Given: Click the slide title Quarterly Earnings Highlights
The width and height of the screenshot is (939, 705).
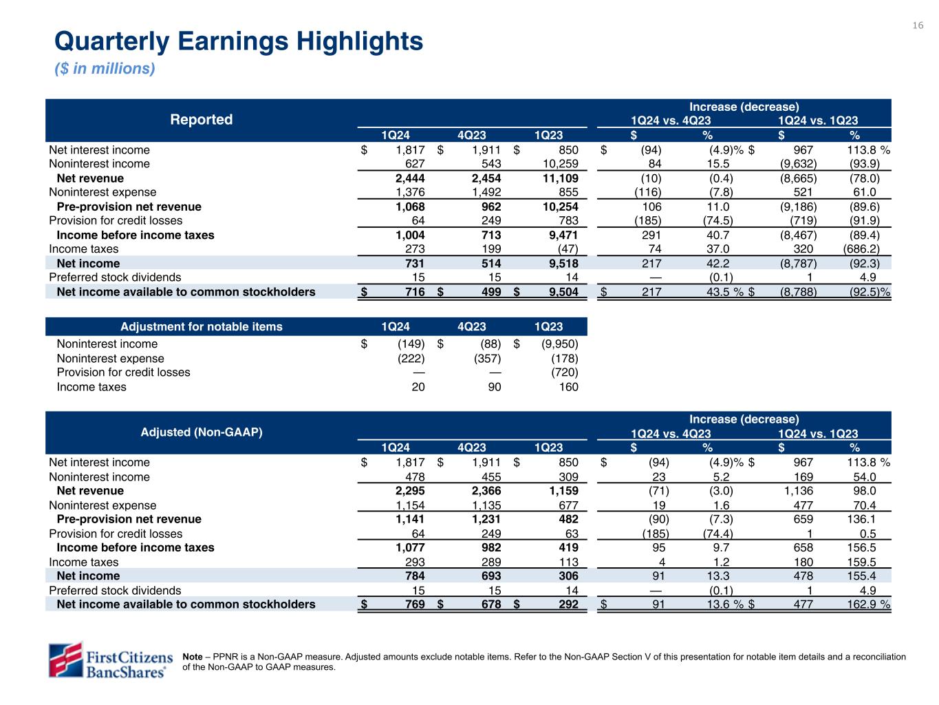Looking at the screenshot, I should (x=239, y=42).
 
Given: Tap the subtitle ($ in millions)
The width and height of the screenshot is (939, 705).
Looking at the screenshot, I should (x=105, y=69).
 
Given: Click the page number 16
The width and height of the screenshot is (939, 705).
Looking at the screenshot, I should (x=918, y=25).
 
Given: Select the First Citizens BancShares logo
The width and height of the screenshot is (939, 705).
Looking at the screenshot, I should (x=109, y=660).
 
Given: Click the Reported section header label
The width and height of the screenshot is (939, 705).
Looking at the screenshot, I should (x=201, y=120).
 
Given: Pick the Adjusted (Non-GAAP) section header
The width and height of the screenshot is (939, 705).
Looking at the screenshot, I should (x=202, y=432).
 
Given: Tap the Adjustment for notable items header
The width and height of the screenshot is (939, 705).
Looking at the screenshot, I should (x=201, y=326).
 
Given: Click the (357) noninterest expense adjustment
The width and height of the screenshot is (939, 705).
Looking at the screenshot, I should (x=486, y=359).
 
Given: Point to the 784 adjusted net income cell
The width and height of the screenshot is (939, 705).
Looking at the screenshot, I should (x=413, y=576).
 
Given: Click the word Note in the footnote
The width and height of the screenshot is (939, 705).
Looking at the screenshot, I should (x=193, y=657).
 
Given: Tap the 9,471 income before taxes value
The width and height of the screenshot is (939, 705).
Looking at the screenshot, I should (x=562, y=235).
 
